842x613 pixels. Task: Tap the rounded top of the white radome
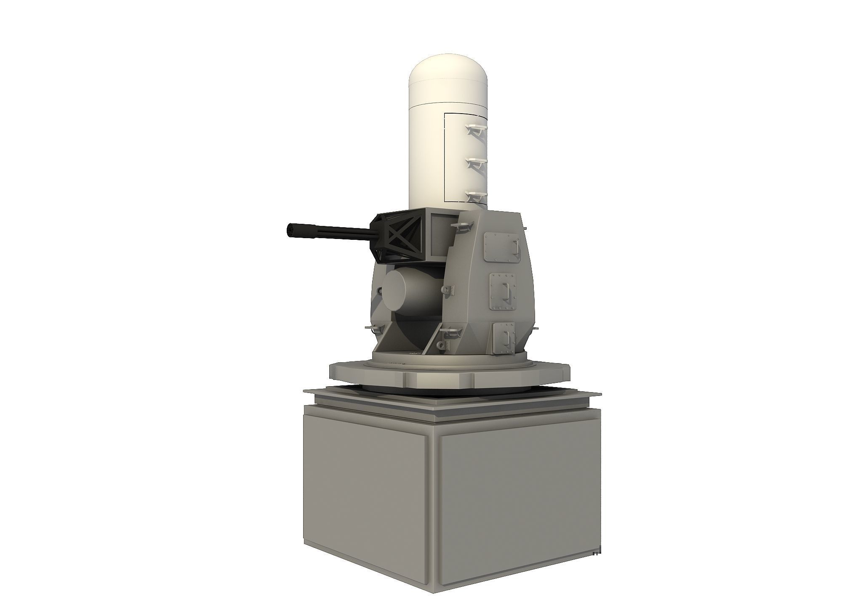[x=448, y=72]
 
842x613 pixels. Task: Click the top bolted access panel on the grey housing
[x=501, y=247]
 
